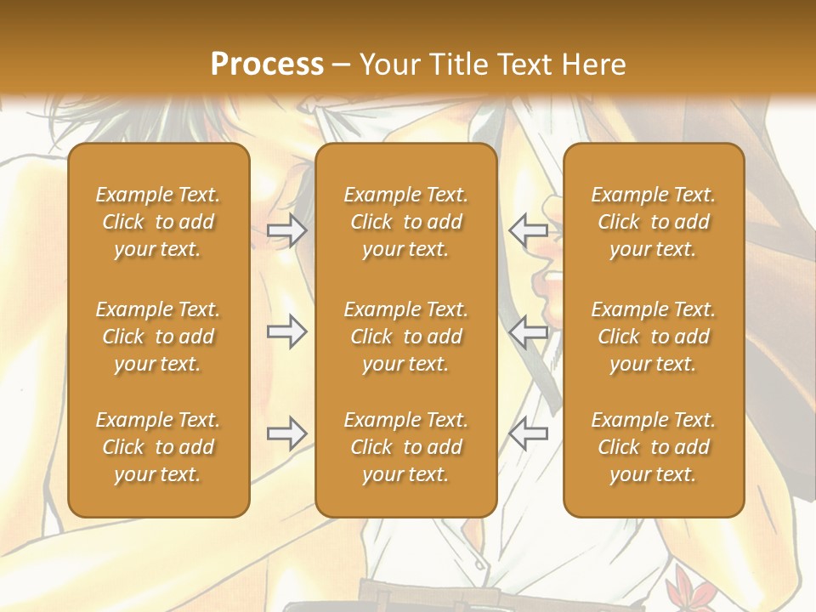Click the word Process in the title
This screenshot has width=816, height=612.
point(267,65)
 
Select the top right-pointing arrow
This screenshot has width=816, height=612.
point(286,229)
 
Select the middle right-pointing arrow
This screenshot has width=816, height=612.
point(286,331)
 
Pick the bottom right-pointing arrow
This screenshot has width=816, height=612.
point(286,433)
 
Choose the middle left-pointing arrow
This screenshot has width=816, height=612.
point(528,331)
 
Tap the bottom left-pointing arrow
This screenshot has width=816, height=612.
point(528,433)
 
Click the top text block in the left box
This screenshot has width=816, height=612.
point(158,222)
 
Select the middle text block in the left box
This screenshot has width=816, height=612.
point(158,337)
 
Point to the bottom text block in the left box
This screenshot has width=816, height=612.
point(158,447)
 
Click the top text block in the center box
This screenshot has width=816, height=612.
point(405,222)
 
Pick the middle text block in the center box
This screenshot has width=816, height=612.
point(405,337)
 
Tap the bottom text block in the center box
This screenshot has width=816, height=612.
point(405,447)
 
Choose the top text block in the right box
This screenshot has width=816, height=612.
point(653,222)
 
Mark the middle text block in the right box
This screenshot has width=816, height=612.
point(653,337)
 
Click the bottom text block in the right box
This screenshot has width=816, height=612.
point(653,447)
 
